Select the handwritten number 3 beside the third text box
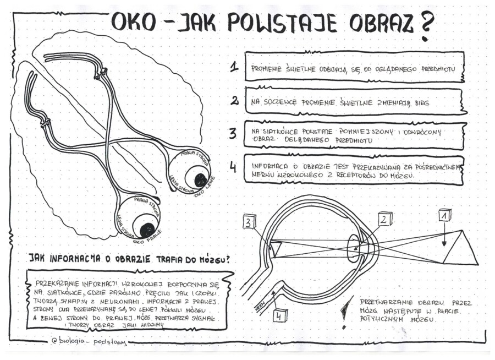point(233,134)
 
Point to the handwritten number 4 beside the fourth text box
point(233,167)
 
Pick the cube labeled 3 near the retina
point(250,222)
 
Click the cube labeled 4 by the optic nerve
point(280,315)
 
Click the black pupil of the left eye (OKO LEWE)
point(201,179)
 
